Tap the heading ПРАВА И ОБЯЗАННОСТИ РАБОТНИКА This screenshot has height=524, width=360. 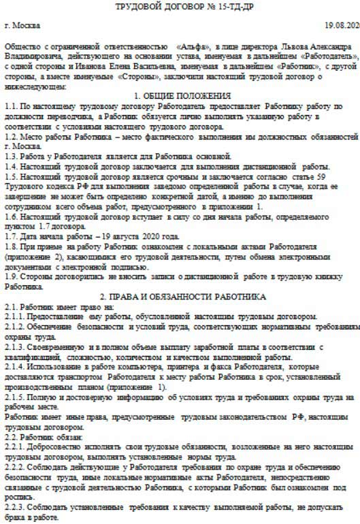click(182, 297)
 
